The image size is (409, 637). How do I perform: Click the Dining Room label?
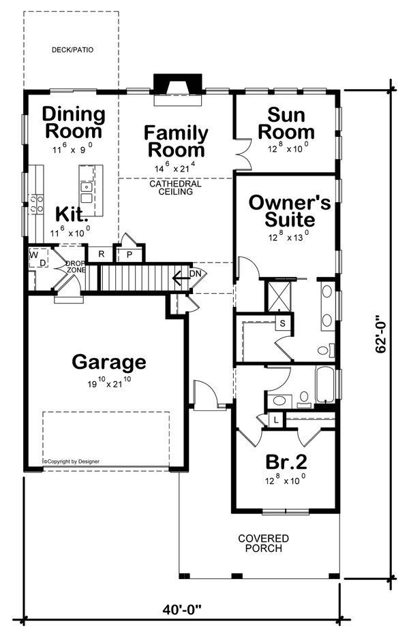[x=74, y=123]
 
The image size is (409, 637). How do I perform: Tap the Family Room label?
[x=175, y=141]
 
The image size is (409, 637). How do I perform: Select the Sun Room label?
[x=290, y=123]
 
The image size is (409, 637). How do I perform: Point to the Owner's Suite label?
[x=282, y=211]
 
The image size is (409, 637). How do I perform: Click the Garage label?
[x=109, y=361]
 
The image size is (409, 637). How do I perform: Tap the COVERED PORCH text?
[x=263, y=543]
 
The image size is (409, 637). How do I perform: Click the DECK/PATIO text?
[x=72, y=50]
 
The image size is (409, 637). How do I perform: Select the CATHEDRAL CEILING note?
[x=176, y=188]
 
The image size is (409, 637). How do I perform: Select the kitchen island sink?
[x=87, y=186]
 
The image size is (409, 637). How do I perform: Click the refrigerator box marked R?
[x=101, y=255]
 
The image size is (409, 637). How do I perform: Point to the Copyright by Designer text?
[x=72, y=461]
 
